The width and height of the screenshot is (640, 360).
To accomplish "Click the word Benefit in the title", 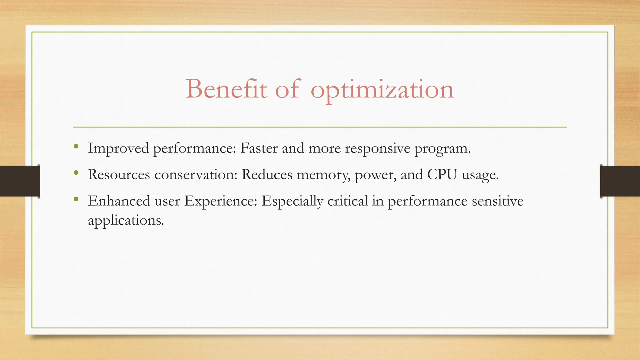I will [227, 89].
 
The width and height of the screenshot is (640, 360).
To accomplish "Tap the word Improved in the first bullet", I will [118, 148].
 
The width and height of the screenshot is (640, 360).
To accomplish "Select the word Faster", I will [259, 148].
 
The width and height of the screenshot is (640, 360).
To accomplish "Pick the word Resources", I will [119, 174].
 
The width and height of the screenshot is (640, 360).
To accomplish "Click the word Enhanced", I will [119, 201].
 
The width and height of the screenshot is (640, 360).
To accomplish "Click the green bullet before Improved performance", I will [76, 146].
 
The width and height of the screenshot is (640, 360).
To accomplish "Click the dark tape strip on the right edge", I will [620, 181].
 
